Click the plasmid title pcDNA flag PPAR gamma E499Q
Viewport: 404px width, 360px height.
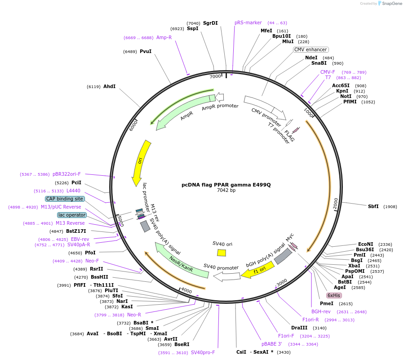226,185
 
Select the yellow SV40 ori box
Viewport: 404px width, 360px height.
221,253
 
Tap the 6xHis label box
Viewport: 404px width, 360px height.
334,295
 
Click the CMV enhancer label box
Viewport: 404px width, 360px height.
311,49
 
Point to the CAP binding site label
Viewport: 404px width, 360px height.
64,199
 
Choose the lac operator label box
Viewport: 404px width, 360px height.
72,215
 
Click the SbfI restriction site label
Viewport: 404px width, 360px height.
373,206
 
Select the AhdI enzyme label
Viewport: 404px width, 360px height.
109,86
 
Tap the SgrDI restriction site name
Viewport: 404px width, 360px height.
210,23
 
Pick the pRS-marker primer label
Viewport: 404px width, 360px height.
248,22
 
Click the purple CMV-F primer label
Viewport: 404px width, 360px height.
328,72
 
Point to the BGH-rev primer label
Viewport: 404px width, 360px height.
321,311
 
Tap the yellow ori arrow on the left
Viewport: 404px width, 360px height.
141,162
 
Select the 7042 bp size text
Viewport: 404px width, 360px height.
226,191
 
